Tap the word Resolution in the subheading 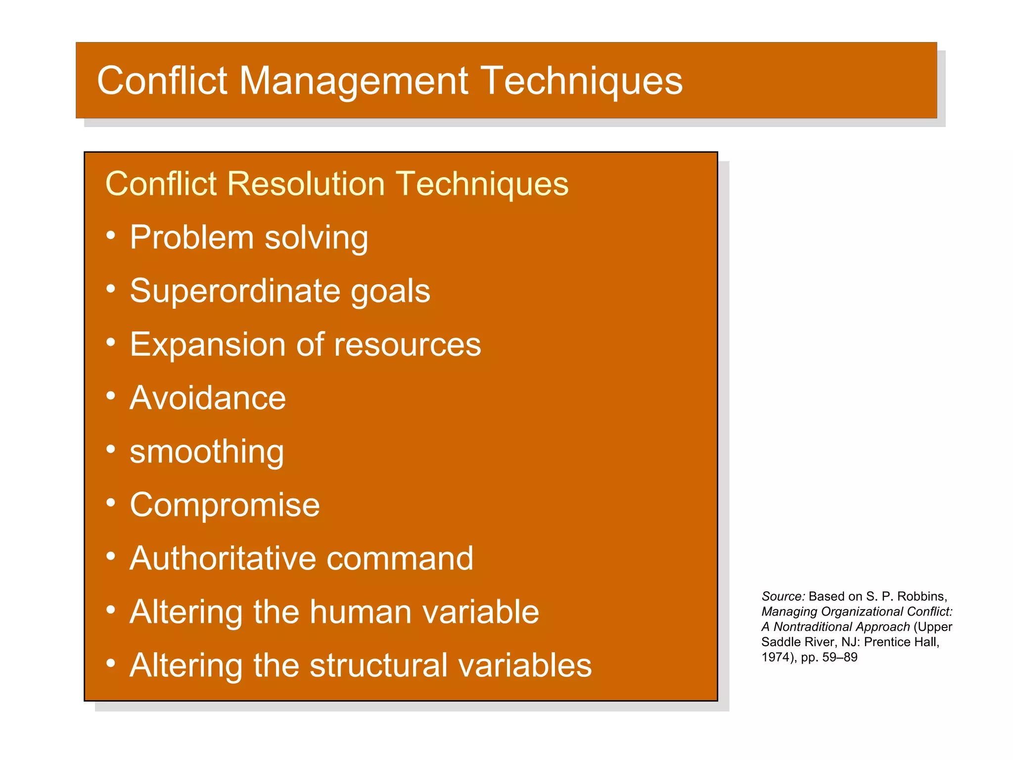coord(305,184)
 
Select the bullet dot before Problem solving coord(111,235)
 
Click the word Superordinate coord(234,290)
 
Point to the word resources coord(407,344)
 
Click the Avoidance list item coord(207,398)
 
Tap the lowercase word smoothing coord(206,452)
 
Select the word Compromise coord(225,505)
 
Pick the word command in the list coord(400,558)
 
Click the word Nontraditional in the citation coord(841,627)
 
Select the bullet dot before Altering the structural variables coord(111,663)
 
